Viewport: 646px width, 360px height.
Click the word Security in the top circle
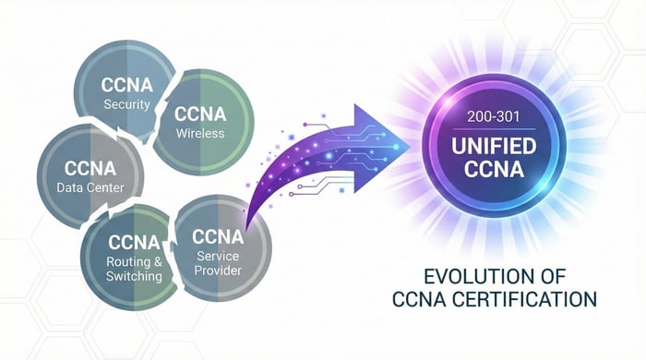click(x=126, y=104)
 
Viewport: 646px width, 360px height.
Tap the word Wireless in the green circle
click(x=199, y=134)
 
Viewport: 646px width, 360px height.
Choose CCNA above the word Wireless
click(x=200, y=114)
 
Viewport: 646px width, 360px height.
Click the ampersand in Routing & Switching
click(x=159, y=262)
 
